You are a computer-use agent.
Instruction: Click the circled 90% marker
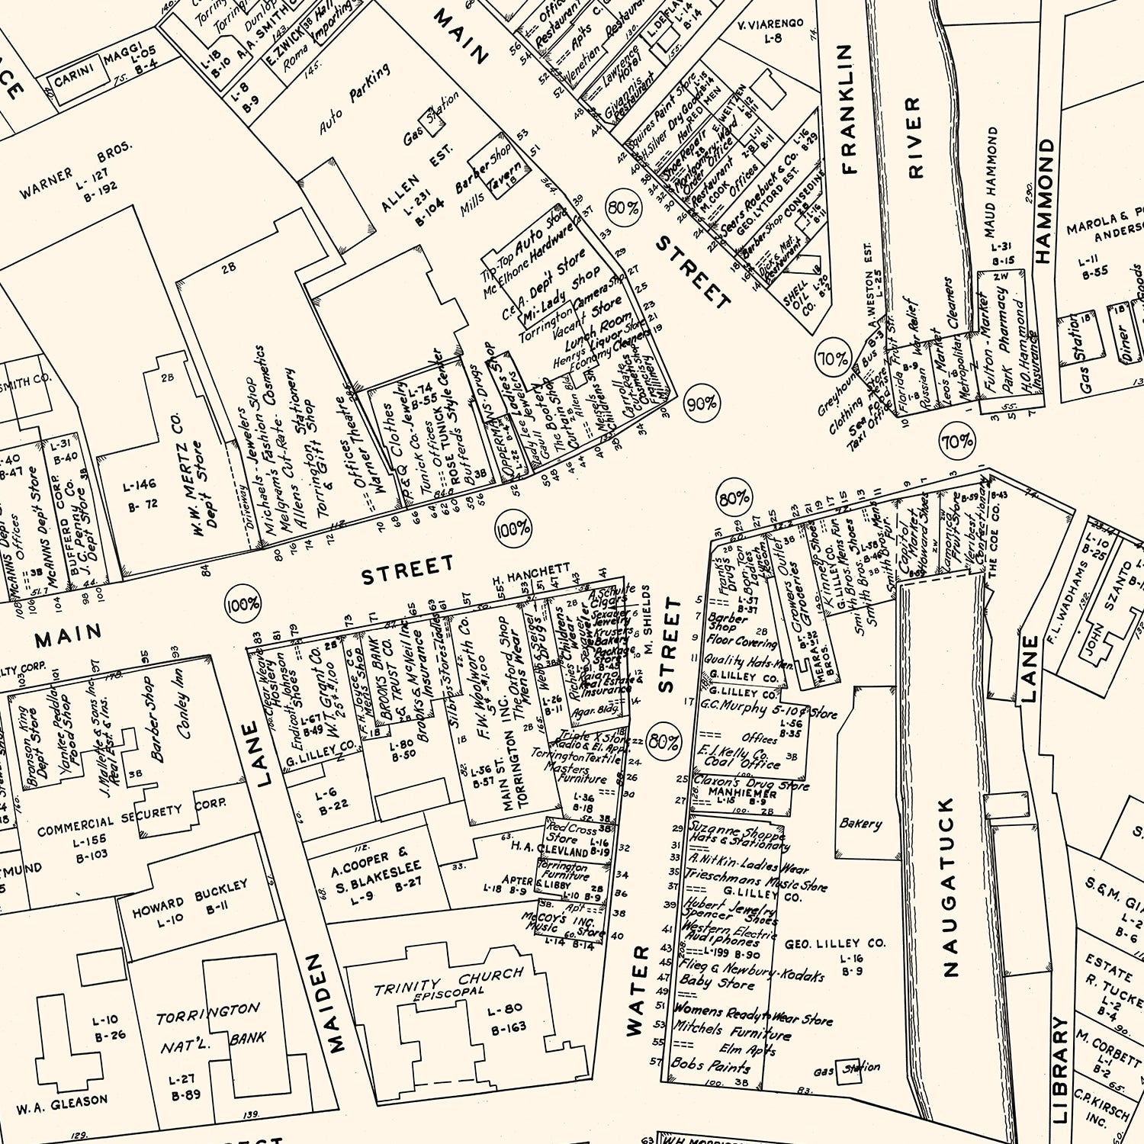[x=701, y=403]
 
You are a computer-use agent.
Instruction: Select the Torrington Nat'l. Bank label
[x=210, y=1027]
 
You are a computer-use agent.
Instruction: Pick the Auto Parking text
[x=355, y=98]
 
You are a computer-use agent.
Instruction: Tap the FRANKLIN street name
[x=847, y=109]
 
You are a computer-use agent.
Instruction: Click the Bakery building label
[x=860, y=824]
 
